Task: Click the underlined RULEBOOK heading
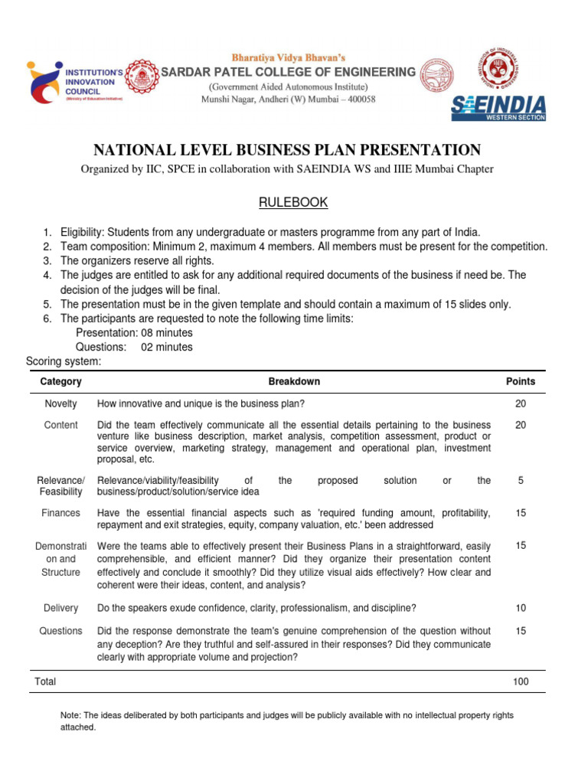coord(293,202)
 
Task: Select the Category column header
coord(60,381)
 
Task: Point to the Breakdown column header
coord(294,381)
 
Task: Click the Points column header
coord(521,381)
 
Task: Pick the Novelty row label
coord(60,403)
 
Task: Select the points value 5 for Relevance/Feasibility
coord(521,481)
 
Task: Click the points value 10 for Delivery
coord(521,608)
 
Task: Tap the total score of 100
coord(521,681)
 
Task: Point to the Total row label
coord(45,681)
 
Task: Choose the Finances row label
coord(60,513)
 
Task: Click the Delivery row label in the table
coord(60,608)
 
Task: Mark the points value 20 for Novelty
coord(521,403)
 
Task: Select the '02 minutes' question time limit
coord(167,347)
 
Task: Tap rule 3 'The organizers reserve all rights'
coord(137,261)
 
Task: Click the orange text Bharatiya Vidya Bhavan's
coord(289,57)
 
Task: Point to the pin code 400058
coord(358,100)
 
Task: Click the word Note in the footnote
coord(70,715)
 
